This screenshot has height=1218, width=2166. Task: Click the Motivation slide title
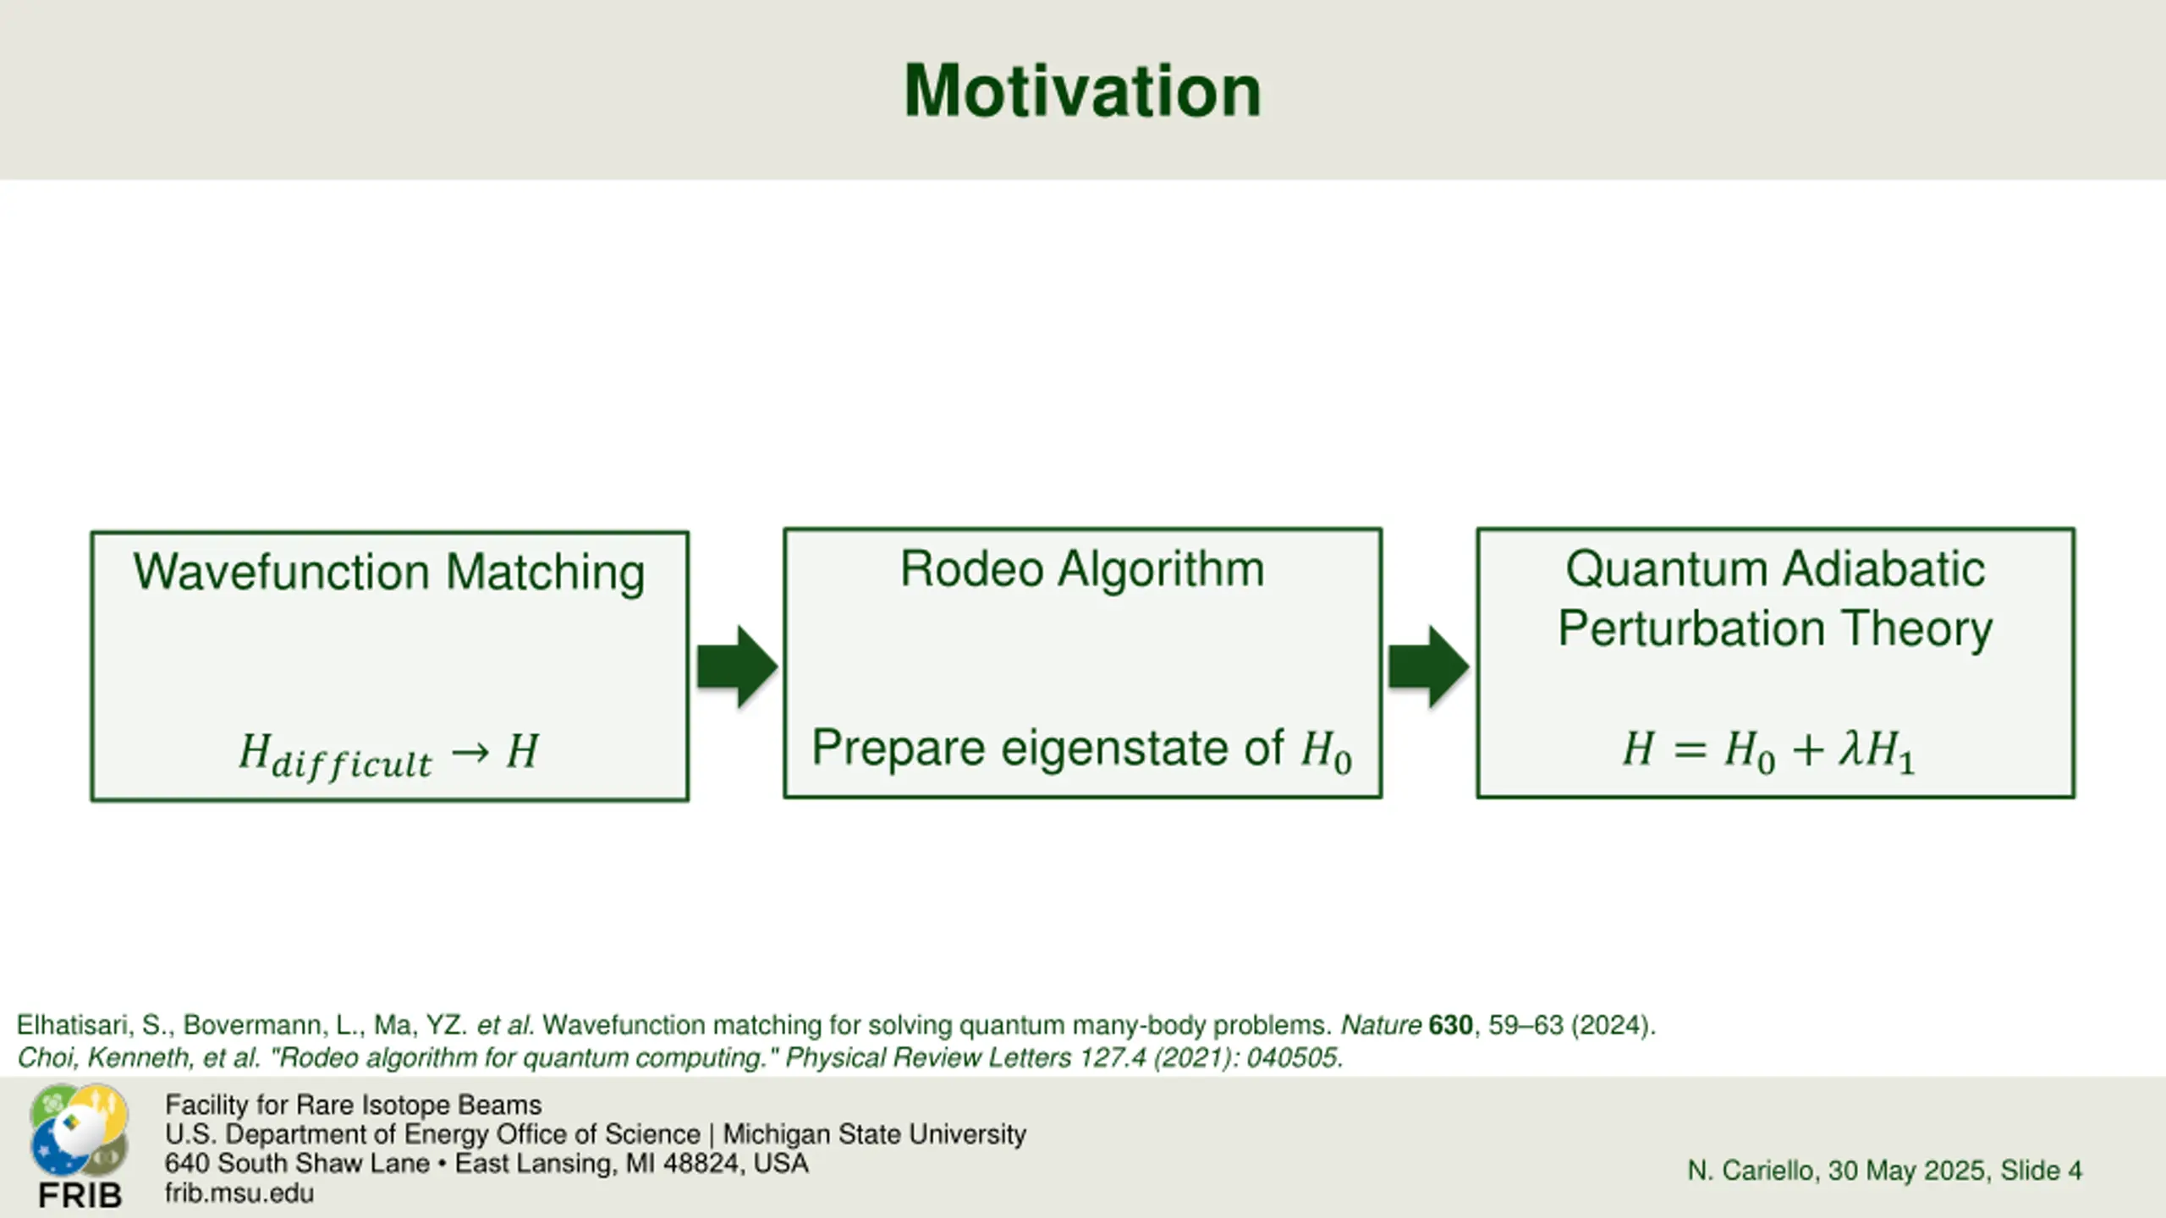pos(1082,91)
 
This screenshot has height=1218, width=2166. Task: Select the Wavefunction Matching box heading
pos(389,573)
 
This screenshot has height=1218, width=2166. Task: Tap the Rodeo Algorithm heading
pos(1082,568)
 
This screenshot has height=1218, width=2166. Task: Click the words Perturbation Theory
pos(1775,629)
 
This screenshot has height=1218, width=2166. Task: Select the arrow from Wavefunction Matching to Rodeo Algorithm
pos(737,667)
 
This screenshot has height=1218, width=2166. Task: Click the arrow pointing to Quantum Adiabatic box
pos(1429,667)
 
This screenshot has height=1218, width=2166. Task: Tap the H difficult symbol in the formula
pos(335,755)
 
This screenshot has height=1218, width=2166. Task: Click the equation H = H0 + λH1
pos(1768,750)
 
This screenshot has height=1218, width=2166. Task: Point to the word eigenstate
pos(1142,749)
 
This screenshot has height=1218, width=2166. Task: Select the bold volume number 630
pos(1450,1025)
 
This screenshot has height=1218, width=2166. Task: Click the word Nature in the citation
pos(1381,1025)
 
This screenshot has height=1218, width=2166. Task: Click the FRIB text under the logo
pos(80,1196)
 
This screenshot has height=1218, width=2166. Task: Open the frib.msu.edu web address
pos(239,1193)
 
